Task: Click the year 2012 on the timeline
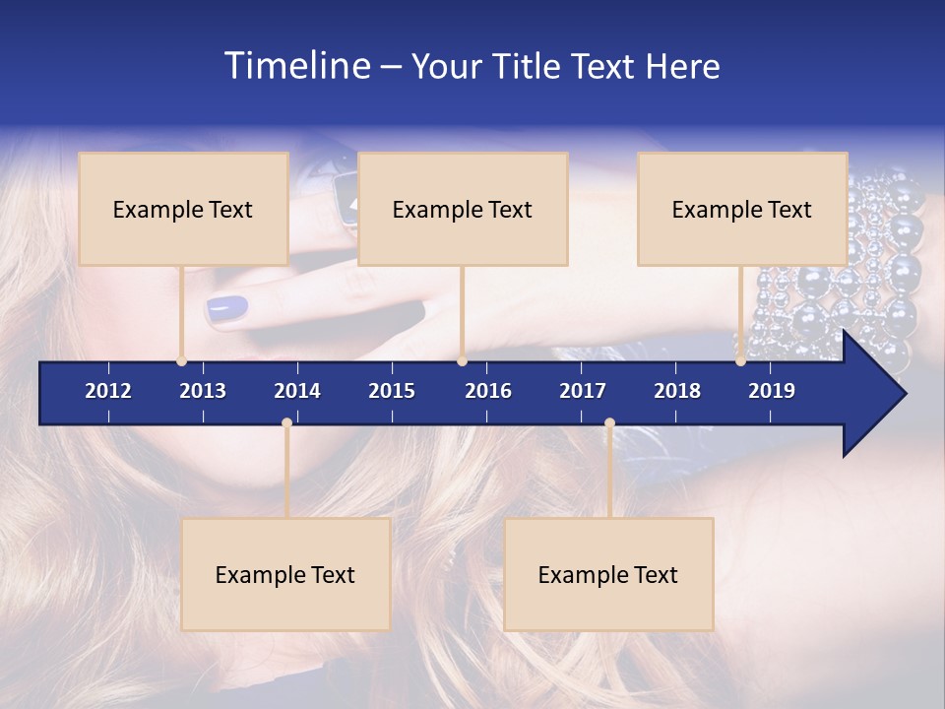108,391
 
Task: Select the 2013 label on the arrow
203,391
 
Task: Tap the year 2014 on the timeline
297,391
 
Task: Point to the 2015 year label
392,391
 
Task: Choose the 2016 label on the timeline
488,391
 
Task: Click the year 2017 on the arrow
583,391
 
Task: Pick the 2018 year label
677,391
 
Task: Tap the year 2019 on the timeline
772,391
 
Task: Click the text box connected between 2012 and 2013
183,209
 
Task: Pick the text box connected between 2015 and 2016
463,209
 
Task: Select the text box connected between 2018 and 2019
742,209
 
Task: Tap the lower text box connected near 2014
285,574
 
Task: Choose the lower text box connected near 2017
608,574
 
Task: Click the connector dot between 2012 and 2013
181,361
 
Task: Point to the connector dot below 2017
609,423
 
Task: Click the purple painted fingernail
228,309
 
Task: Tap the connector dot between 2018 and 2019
740,361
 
